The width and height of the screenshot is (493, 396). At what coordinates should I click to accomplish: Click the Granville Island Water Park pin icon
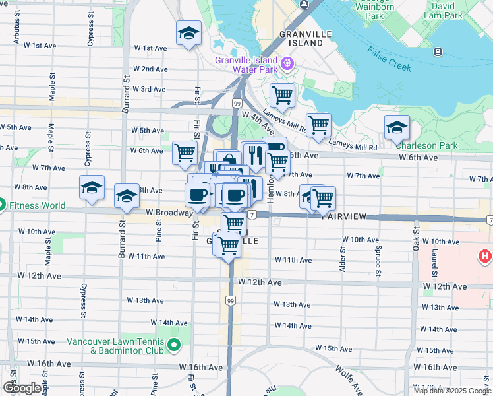287,63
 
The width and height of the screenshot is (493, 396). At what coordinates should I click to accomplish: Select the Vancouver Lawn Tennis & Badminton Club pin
174,345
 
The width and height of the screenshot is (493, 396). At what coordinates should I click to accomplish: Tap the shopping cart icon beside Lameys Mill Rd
318,124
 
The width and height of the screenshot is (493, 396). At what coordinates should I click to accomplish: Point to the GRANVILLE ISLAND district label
301,38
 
